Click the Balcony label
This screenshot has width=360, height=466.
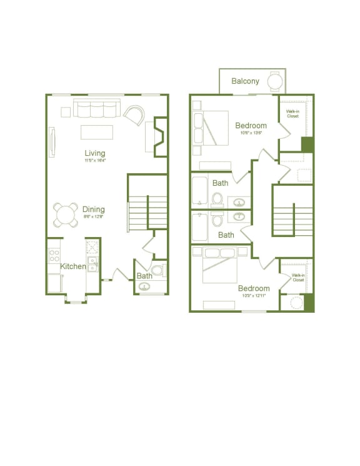tap(245, 81)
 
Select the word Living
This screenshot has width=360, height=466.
tap(95, 153)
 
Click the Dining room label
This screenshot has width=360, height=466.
tap(93, 210)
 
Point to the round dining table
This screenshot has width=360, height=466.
tap(64, 215)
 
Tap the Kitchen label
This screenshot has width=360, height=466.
tap(73, 266)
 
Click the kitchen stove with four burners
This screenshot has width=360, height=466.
tap(54, 256)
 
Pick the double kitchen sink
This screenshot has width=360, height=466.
tap(92, 264)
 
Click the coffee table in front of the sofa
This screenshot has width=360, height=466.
tap(97, 133)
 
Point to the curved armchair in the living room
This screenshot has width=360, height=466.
tap(134, 114)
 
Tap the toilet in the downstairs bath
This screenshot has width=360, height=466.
tap(157, 271)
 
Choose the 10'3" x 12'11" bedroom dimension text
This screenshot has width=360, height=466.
tap(253, 295)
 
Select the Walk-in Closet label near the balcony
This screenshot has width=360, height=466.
tap(292, 113)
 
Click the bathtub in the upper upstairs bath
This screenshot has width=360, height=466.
tap(199, 191)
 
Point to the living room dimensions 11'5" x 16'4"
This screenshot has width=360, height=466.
tap(95, 161)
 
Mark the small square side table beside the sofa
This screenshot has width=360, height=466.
tap(66, 112)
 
